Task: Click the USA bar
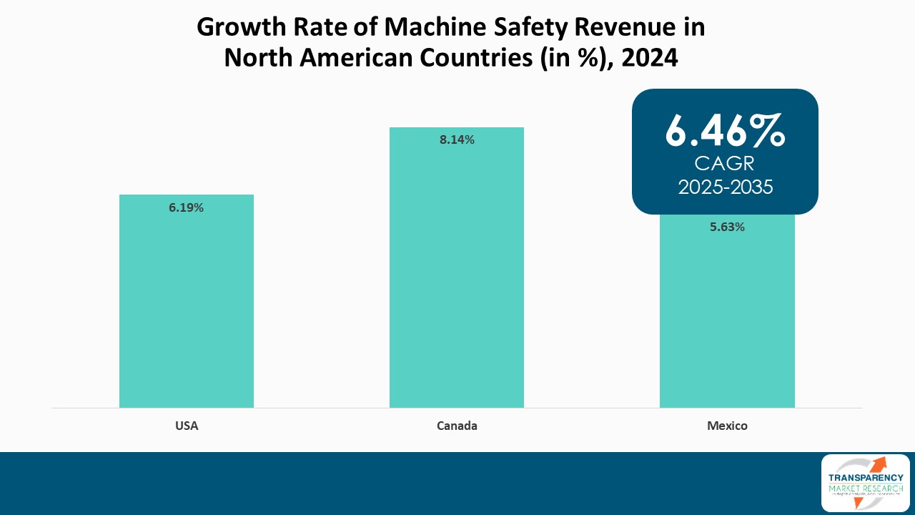pyautogui.click(x=186, y=308)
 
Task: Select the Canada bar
pyautogui.click(x=456, y=279)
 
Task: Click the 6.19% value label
pyautogui.click(x=186, y=207)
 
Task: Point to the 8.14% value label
pyautogui.click(x=457, y=140)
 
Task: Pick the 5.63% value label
pyautogui.click(x=727, y=227)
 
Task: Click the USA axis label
pyautogui.click(x=187, y=426)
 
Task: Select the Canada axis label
pyautogui.click(x=457, y=426)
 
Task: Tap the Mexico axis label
pyautogui.click(x=727, y=426)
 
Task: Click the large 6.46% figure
pyautogui.click(x=725, y=130)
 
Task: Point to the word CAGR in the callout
pyautogui.click(x=725, y=164)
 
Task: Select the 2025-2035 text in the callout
pyautogui.click(x=725, y=187)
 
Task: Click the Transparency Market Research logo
pyautogui.click(x=865, y=483)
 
